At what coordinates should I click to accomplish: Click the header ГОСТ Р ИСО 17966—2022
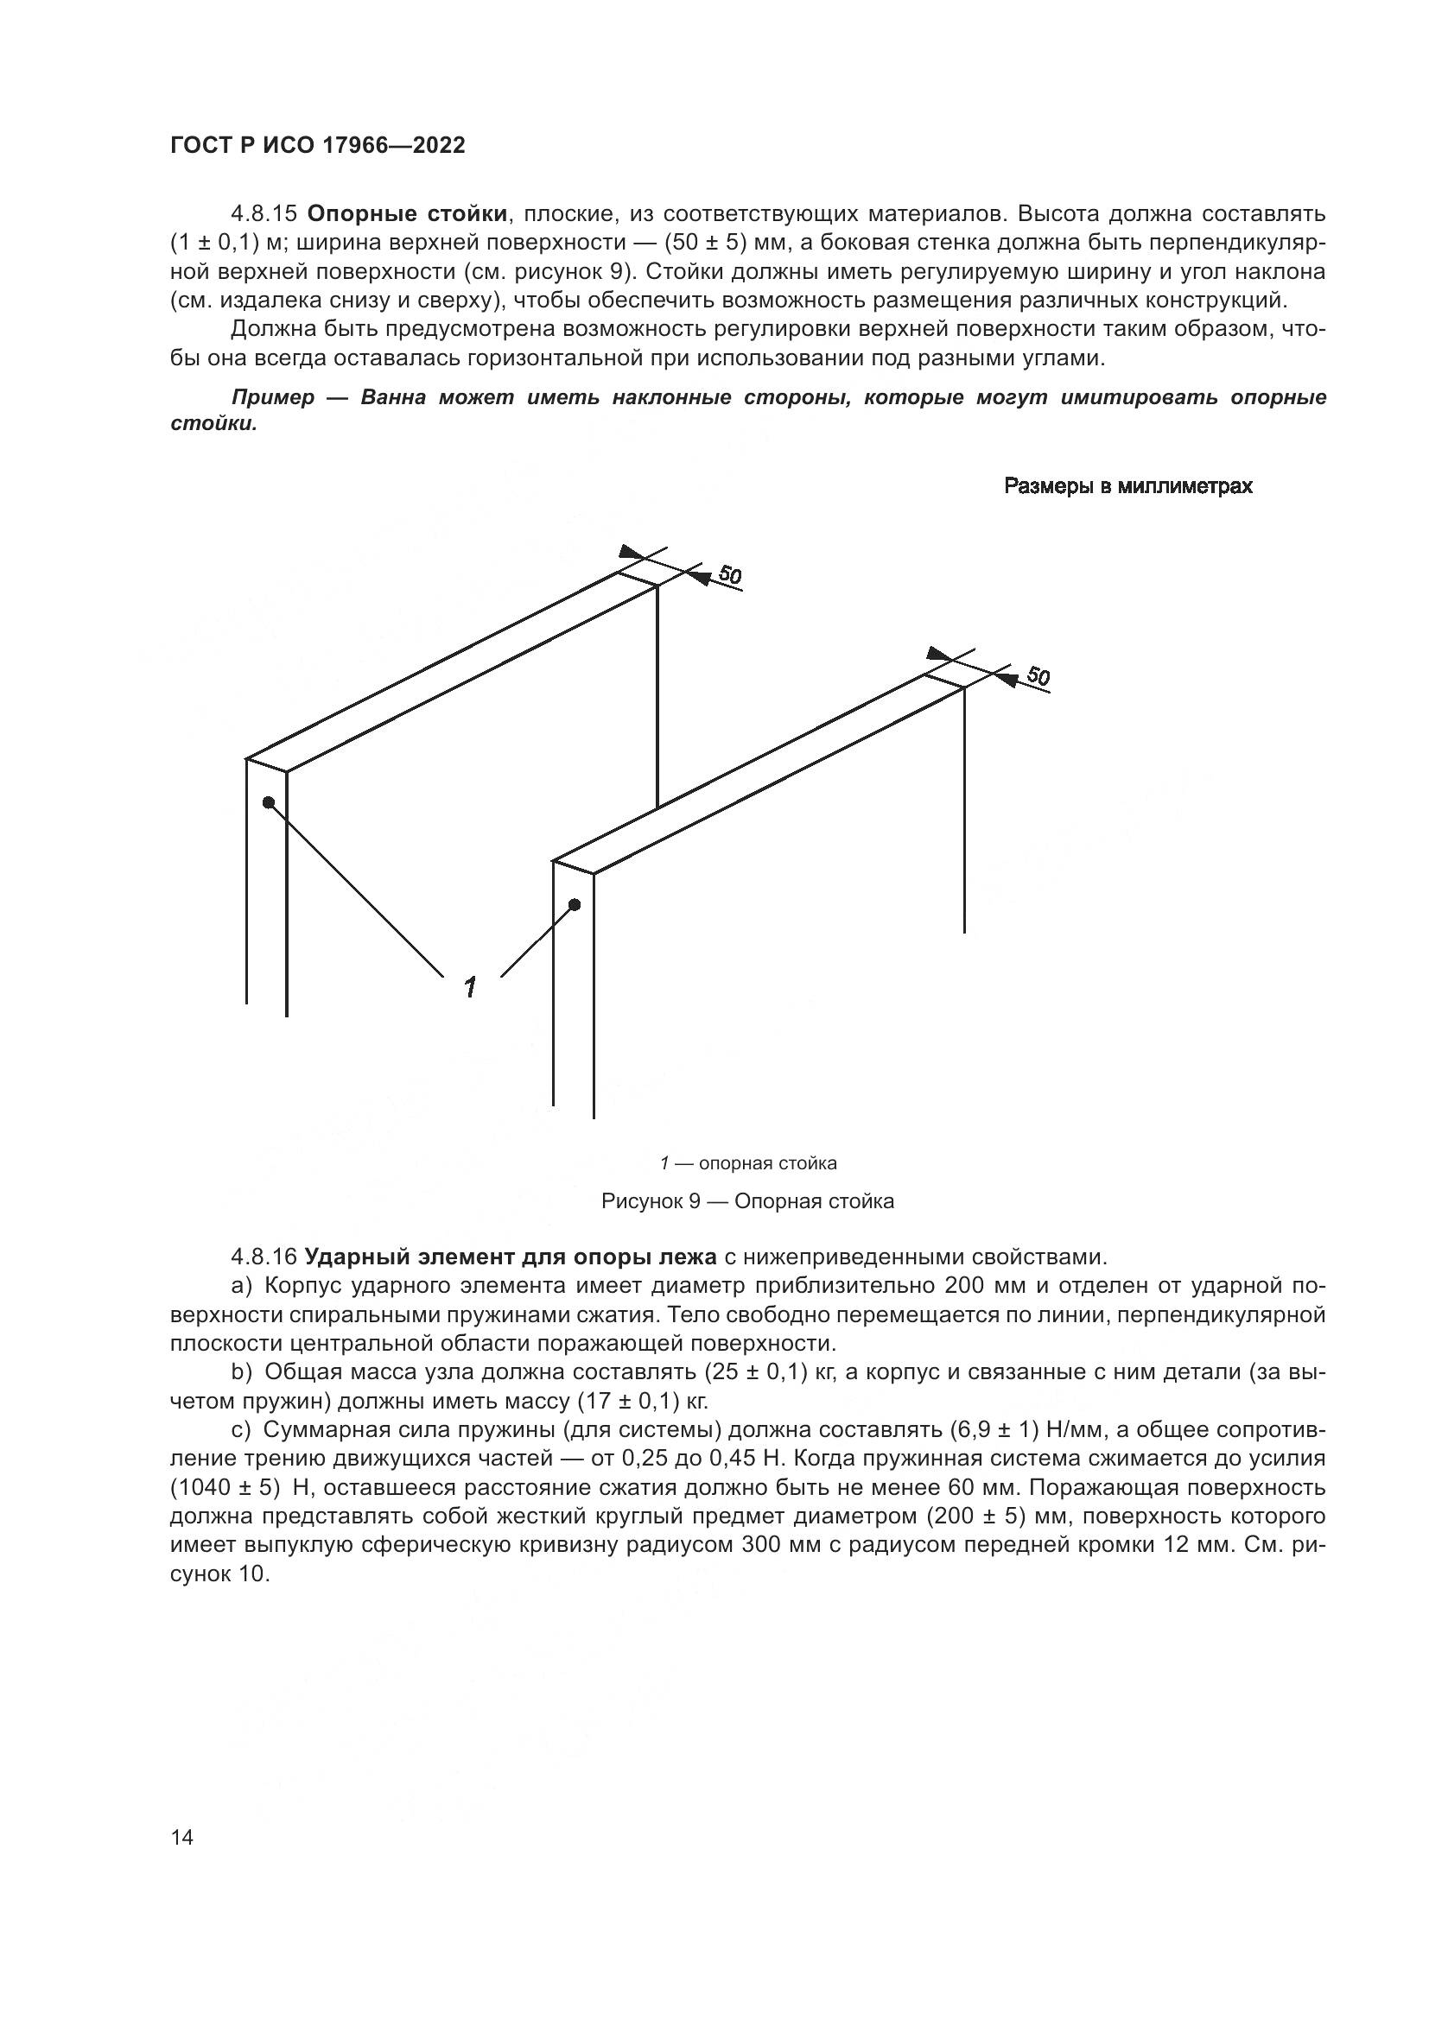coord(317,146)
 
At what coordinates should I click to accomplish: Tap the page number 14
coord(182,1814)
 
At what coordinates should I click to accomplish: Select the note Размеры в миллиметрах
coord(1128,486)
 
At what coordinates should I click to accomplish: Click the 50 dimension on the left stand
coord(729,575)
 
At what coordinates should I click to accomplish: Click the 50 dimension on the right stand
coord(1038,676)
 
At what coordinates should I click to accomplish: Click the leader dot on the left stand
coord(269,802)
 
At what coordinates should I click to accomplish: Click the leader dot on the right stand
coord(575,904)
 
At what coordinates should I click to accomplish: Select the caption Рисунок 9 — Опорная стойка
coord(747,1202)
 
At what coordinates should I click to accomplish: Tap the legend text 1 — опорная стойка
coord(748,1164)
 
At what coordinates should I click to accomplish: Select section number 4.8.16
coord(264,1257)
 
